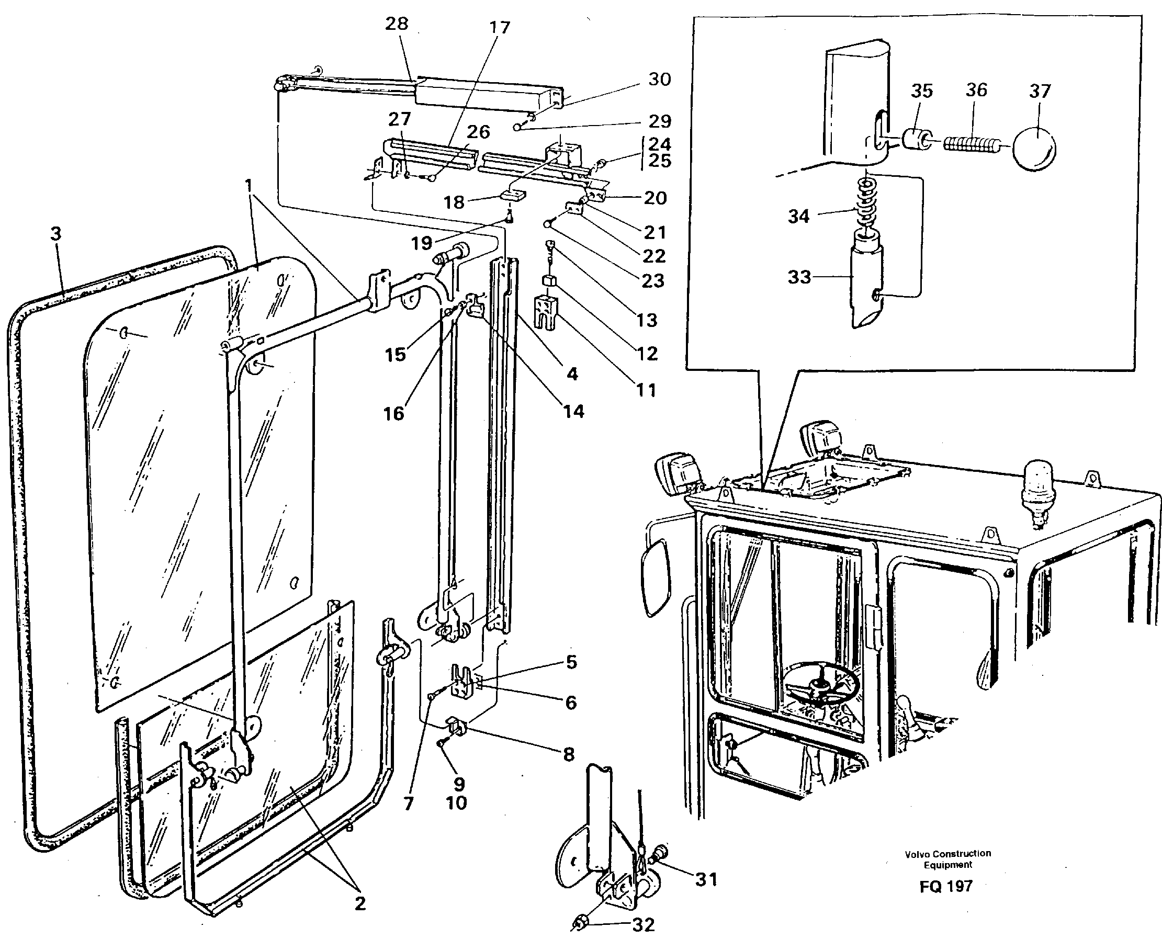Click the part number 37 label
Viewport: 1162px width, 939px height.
[1039, 92]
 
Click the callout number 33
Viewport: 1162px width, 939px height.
[799, 277]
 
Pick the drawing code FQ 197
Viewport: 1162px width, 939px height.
[945, 886]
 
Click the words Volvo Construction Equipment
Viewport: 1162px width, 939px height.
[948, 859]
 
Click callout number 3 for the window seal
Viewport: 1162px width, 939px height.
[56, 234]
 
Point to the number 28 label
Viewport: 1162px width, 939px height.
[397, 24]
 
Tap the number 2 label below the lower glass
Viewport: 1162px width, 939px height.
[360, 903]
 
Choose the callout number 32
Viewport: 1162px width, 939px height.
[642, 924]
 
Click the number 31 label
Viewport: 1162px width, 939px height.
[706, 879]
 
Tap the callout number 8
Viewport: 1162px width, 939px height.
[568, 754]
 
